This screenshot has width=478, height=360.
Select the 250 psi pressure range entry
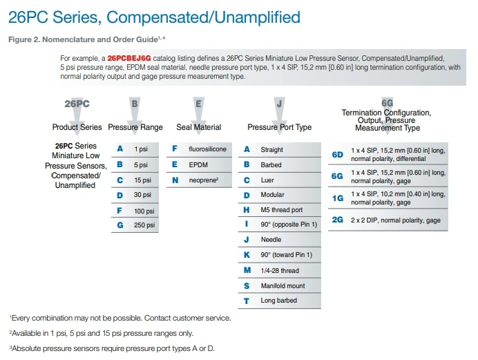[145, 225]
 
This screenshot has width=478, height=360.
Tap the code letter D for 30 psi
[120, 195]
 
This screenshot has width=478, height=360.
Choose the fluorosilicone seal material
[207, 149]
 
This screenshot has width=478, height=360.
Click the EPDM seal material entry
[199, 164]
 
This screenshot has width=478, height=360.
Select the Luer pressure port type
[268, 180]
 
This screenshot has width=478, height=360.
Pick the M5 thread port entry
[282, 210]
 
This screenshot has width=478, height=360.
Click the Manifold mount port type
[283, 285]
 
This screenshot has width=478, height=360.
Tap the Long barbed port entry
[279, 301]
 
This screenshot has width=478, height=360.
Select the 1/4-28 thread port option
[280, 270]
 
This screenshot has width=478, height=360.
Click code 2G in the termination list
[338, 220]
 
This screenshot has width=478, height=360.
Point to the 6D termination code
[338, 155]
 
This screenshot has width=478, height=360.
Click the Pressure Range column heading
[135, 127]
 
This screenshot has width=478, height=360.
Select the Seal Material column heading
[199, 127]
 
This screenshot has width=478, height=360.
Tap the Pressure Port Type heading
[279, 127]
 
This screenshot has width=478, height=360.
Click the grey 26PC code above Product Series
[77, 103]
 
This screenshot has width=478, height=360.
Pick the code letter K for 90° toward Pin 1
[247, 255]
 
